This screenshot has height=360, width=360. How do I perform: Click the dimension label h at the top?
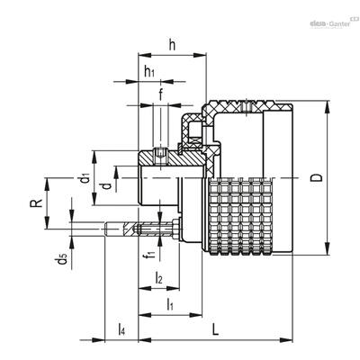coord(172,46)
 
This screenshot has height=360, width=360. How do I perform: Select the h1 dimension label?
coord(149,72)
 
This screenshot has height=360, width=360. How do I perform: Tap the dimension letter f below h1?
coord(161,94)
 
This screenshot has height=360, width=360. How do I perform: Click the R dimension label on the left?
coord(36,203)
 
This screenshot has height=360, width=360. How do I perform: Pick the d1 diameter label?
coord(85,178)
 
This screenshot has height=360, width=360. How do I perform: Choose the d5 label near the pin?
coord(62,258)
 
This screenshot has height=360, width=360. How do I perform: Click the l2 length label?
coord(158,277)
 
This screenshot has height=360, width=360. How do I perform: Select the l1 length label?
coord(169,304)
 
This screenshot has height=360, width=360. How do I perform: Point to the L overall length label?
coord(215,329)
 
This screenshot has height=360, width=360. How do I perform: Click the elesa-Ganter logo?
coord(331,23)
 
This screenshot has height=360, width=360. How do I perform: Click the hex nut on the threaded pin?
coord(175,229)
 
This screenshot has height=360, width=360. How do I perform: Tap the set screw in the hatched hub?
coord(161,156)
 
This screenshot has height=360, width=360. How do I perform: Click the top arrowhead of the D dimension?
coord(327,106)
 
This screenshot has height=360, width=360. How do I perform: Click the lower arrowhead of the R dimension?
coord(47,223)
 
